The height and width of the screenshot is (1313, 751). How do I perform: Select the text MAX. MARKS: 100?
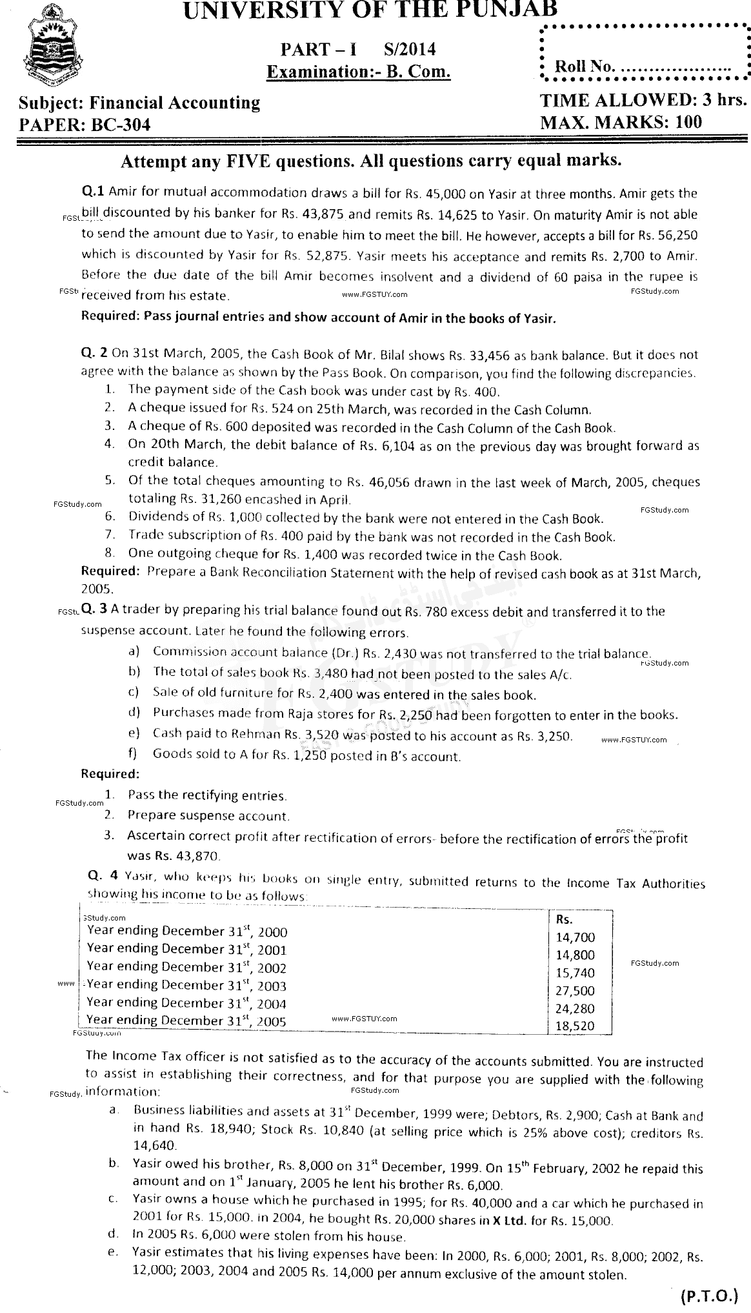(x=620, y=122)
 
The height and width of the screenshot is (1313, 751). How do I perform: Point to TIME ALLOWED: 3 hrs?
(x=643, y=101)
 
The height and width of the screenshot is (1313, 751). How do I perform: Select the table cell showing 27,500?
(x=575, y=990)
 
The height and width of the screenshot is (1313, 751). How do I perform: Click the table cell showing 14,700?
(x=575, y=937)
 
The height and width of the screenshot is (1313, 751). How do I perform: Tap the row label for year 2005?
(x=186, y=1021)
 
